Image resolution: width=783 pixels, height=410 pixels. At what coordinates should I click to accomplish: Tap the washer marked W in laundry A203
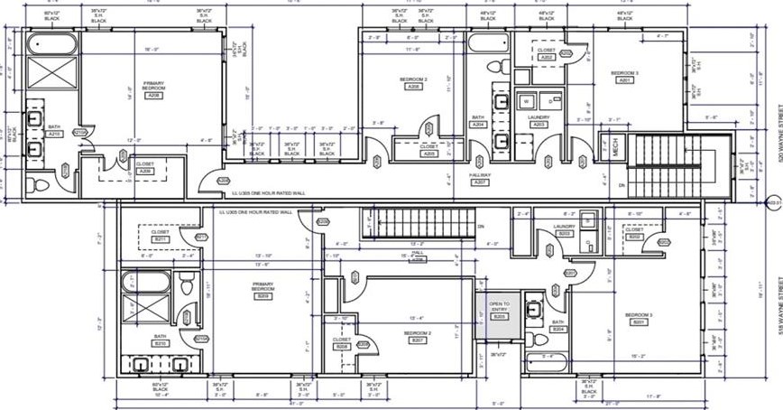tap(527, 100)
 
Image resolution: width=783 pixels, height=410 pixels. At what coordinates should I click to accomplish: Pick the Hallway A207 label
tap(480, 179)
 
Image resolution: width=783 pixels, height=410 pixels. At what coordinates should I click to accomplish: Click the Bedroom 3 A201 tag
tap(623, 76)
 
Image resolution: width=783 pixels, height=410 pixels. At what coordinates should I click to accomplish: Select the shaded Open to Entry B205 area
tap(499, 320)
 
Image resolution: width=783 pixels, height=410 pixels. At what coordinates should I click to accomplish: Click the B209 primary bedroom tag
tap(263, 291)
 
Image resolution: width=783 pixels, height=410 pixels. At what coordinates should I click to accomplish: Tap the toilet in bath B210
tap(186, 287)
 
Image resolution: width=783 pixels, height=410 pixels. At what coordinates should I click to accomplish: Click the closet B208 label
tap(342, 343)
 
